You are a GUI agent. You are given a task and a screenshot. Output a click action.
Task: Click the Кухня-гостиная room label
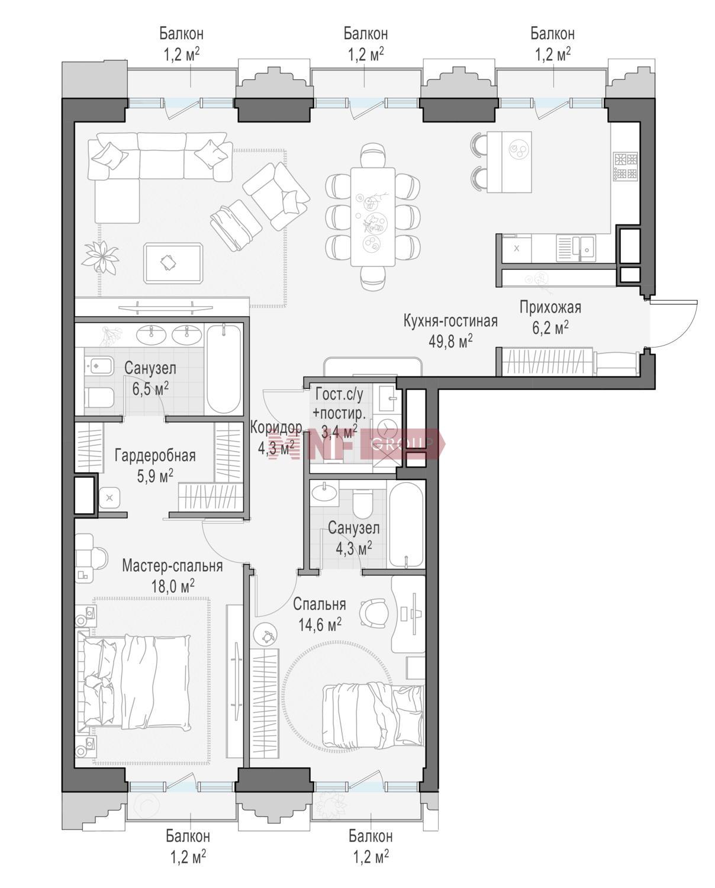tap(450, 321)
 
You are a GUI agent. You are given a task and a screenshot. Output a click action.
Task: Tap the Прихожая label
tap(550, 307)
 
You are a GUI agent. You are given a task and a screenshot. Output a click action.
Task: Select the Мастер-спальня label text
tap(172, 566)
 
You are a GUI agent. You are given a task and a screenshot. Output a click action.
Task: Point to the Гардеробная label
tap(155, 456)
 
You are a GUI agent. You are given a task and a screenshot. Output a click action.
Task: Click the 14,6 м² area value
tap(320, 625)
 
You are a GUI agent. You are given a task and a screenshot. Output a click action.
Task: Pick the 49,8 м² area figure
tap(450, 341)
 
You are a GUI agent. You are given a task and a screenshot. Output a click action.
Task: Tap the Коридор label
tap(276, 428)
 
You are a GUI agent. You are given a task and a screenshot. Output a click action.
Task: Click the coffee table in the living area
tap(173, 263)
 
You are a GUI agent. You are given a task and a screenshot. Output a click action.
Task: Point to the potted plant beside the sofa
tap(100, 257)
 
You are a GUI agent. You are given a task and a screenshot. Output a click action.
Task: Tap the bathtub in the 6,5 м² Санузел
tap(223, 369)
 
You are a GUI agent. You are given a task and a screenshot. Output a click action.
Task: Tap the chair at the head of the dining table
tap(373, 155)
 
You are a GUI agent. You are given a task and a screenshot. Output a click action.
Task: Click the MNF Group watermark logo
tap(356, 443)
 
